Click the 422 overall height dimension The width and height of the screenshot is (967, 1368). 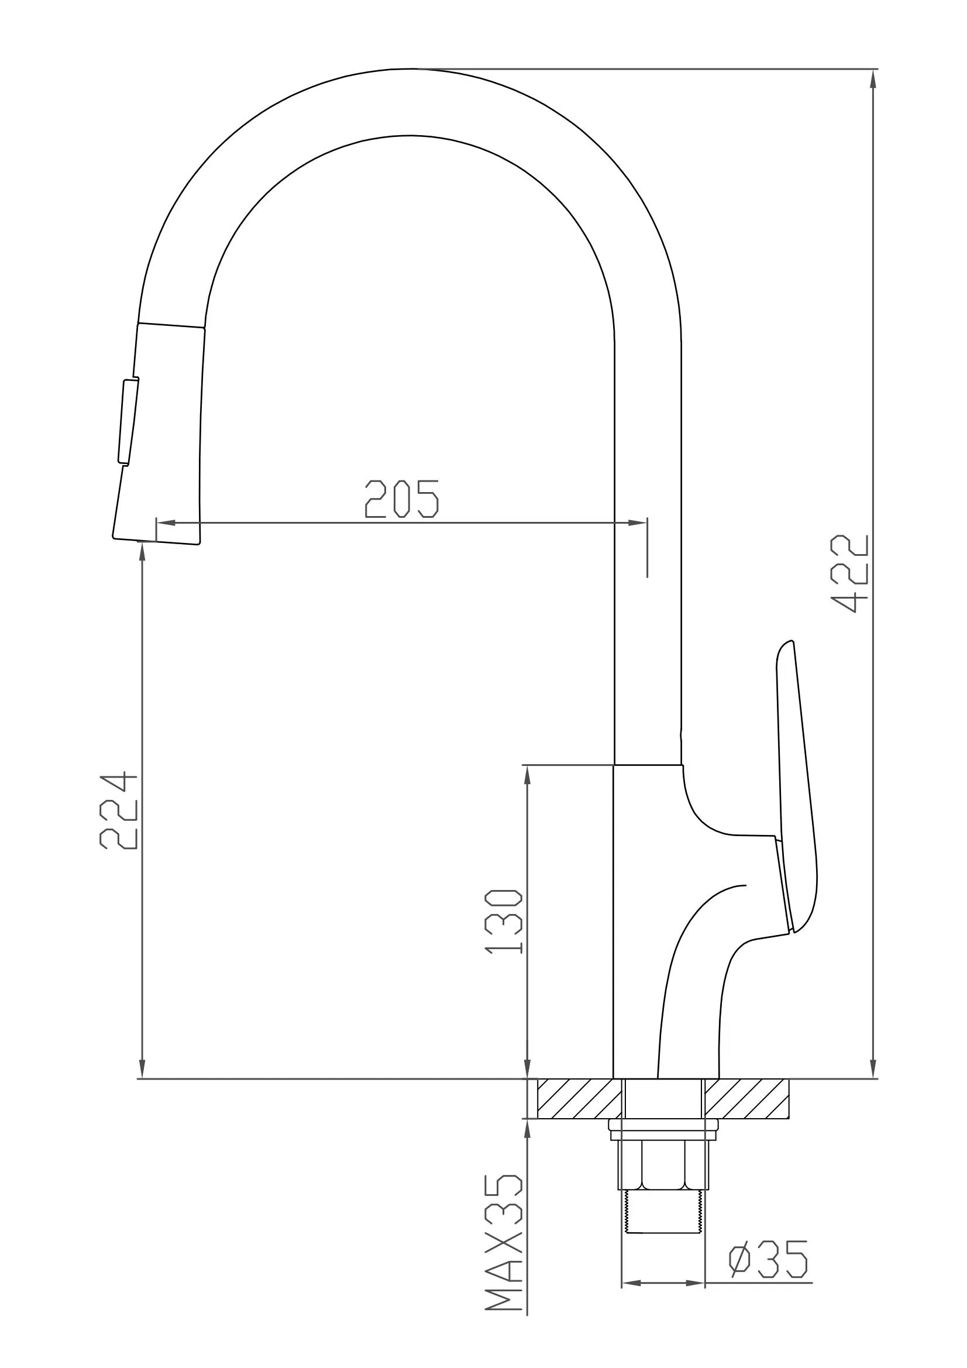pyautogui.click(x=850, y=574)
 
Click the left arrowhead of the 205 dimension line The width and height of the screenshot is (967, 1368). pyautogui.click(x=164, y=523)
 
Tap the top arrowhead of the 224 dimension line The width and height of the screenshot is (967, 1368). pyautogui.click(x=142, y=552)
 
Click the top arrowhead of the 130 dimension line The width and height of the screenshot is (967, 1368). pyautogui.click(x=527, y=775)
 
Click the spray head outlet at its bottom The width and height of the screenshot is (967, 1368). pyautogui.click(x=157, y=541)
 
